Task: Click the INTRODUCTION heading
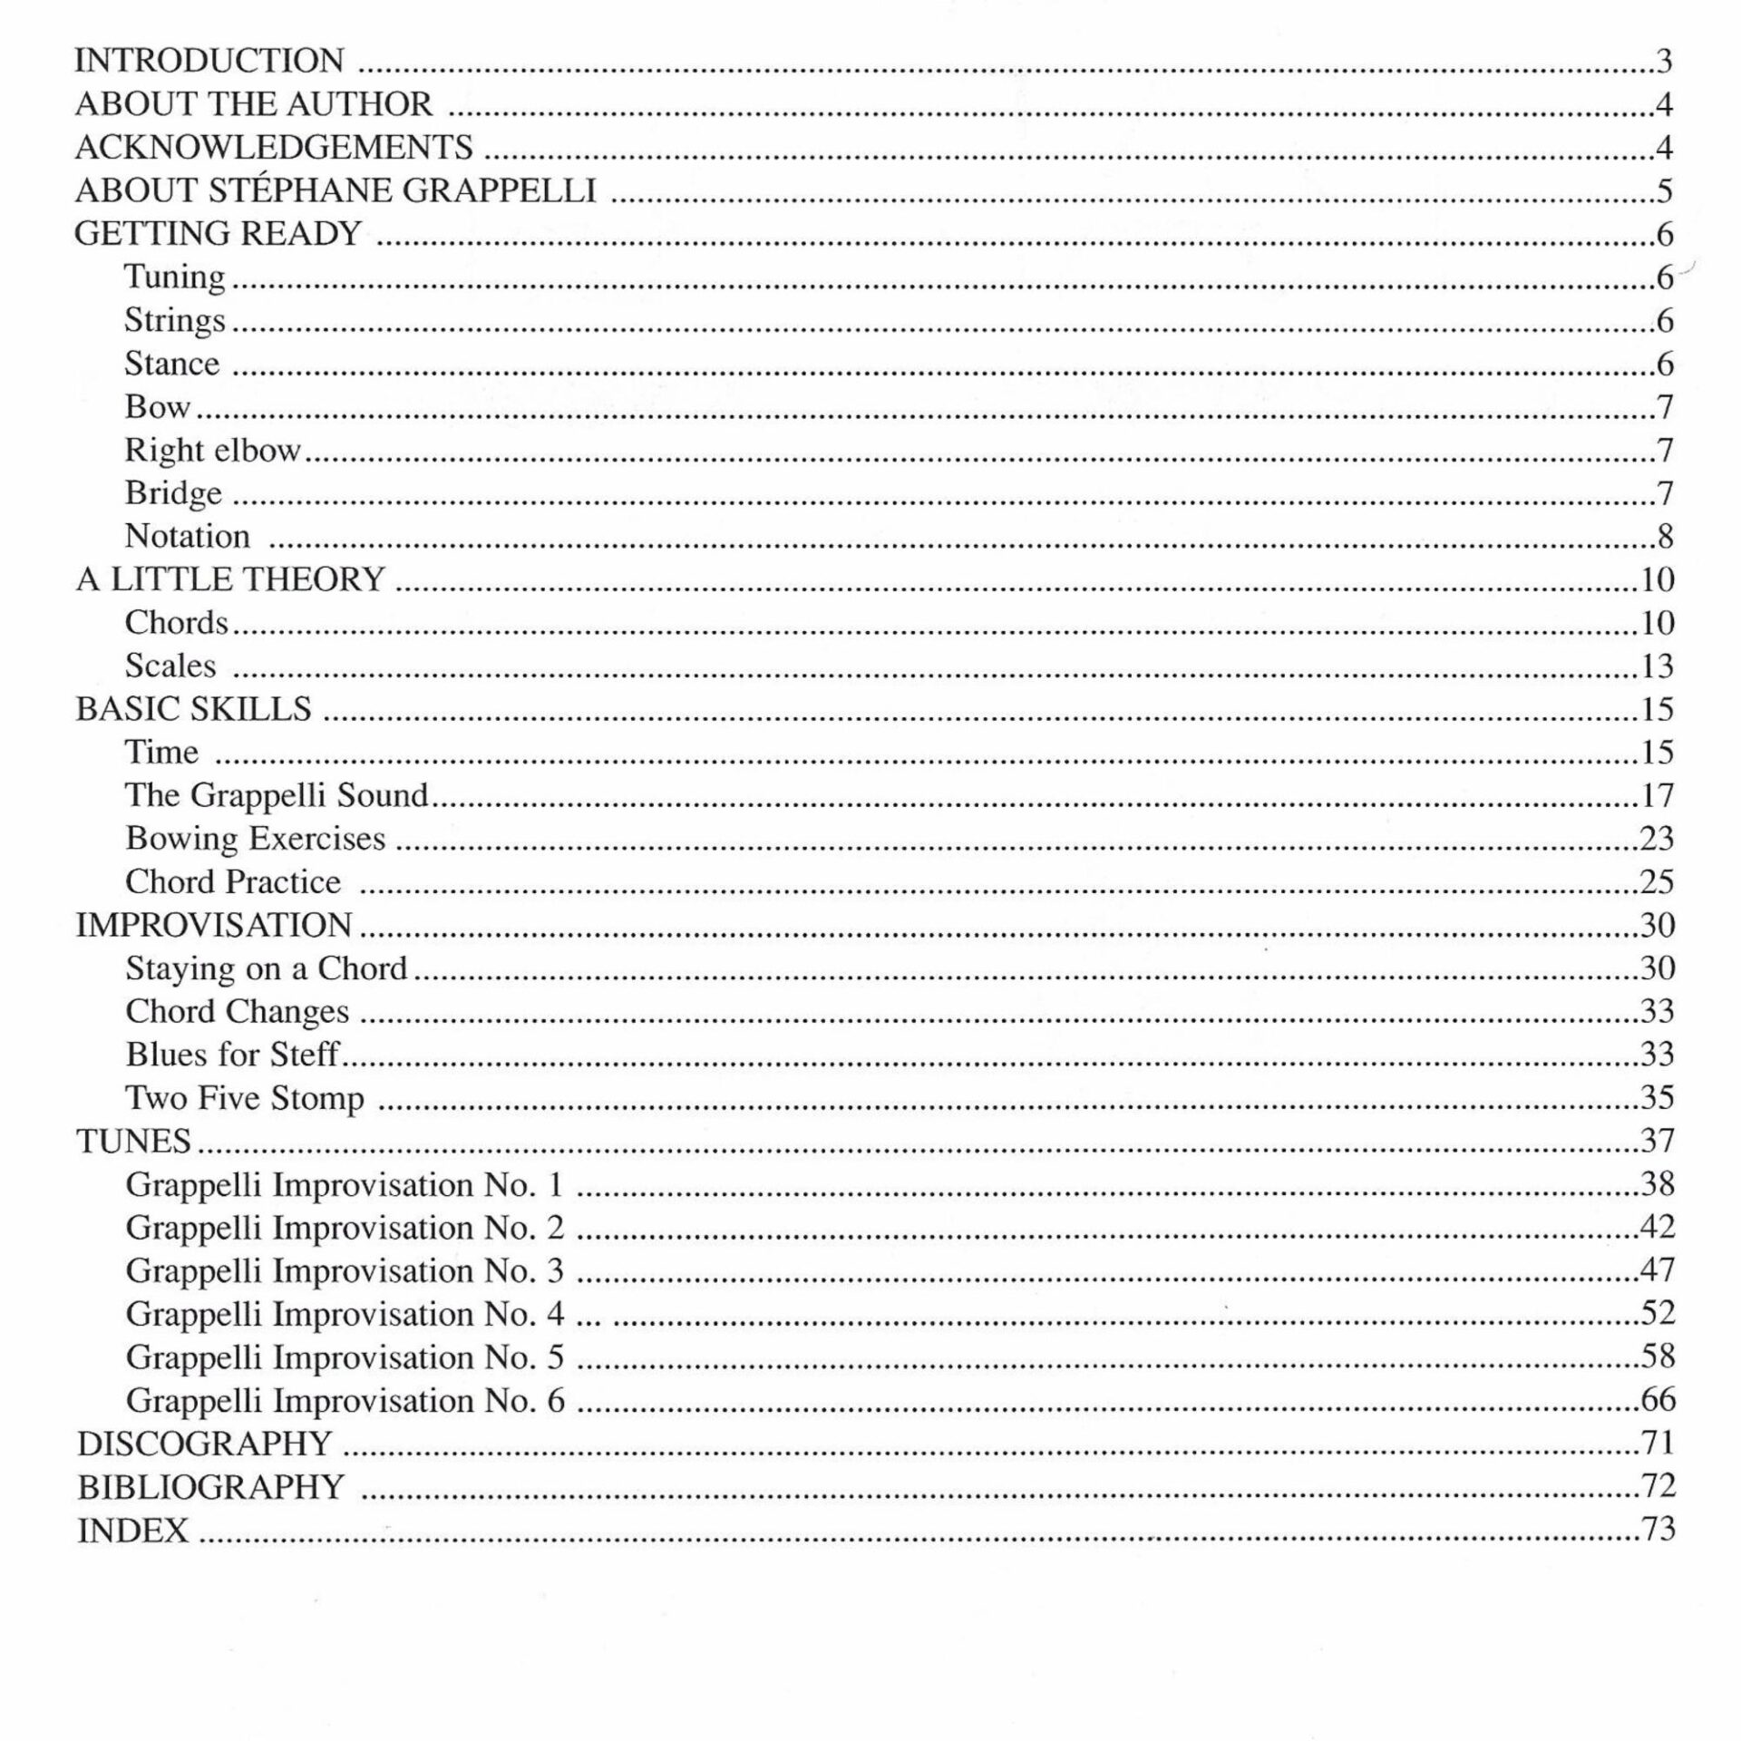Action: [209, 61]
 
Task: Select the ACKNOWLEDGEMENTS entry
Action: [274, 147]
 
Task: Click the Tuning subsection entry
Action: [175, 277]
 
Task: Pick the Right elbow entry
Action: [212, 450]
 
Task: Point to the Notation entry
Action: [187, 536]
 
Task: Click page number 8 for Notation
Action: [1665, 537]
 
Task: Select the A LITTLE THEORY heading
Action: [230, 579]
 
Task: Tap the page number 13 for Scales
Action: [1657, 666]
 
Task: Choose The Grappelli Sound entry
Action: [277, 795]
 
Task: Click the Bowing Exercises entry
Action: [256, 839]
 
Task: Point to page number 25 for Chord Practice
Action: [1657, 881]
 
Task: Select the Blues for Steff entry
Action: [232, 1055]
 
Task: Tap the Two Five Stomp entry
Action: [245, 1098]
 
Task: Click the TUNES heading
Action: [133, 1141]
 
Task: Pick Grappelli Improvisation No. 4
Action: [345, 1314]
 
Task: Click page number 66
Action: [1658, 1400]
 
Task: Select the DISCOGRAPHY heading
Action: [205, 1444]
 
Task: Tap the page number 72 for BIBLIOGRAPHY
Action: [1658, 1486]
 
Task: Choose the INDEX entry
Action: [133, 1531]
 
